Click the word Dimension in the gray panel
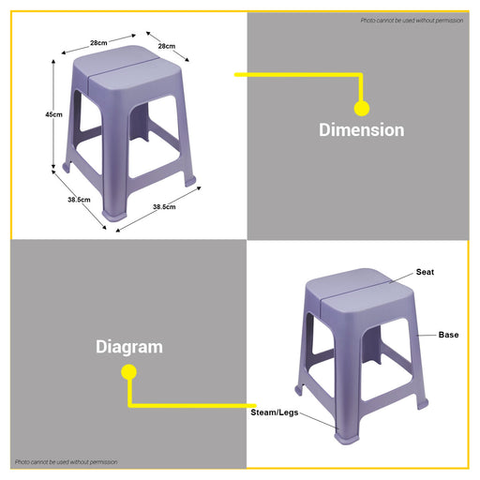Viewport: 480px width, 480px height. coord(362,129)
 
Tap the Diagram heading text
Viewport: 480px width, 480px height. coord(129,347)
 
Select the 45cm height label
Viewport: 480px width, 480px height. coord(53,114)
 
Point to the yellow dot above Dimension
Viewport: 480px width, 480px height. coord(362,108)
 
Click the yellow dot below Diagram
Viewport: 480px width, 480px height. coord(128,372)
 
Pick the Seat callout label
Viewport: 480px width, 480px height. coord(425,272)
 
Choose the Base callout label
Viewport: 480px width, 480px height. coord(448,335)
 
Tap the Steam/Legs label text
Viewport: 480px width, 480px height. coord(275,412)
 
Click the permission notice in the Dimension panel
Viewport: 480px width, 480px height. coord(412,21)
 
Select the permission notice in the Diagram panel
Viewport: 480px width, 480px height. coord(67,462)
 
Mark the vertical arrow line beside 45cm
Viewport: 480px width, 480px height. coord(53,114)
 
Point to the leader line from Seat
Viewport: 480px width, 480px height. coord(401,277)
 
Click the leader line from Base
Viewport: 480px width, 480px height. coord(427,336)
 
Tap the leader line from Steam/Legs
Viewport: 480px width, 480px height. coord(319,421)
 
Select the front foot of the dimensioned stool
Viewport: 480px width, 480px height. coord(115,214)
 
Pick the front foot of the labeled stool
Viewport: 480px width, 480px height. coord(347,437)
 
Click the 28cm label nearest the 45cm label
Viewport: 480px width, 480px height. coord(98,43)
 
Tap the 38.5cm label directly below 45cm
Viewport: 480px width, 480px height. coord(79,200)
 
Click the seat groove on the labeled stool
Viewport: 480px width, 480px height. coord(354,289)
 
